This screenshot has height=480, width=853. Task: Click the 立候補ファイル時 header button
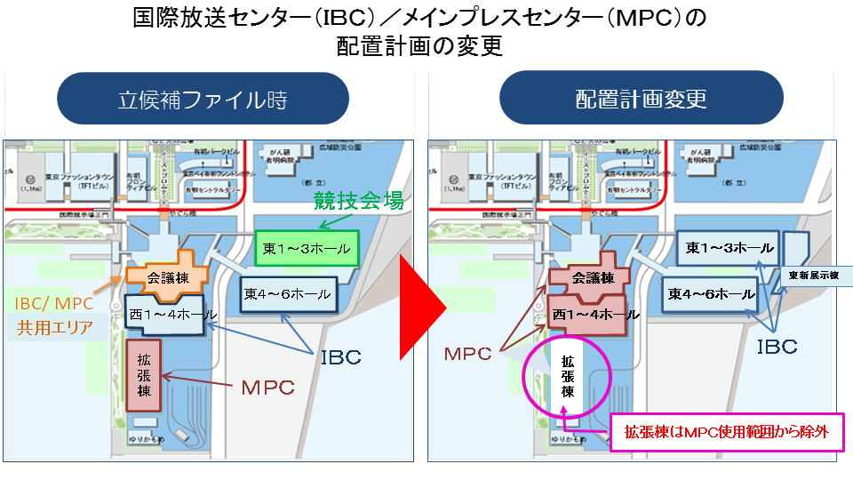pyautogui.click(x=203, y=98)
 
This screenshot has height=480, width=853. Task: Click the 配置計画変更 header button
pyautogui.click(x=641, y=98)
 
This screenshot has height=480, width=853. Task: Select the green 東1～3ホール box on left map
pyautogui.click(x=307, y=249)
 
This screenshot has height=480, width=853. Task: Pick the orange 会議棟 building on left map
pyautogui.click(x=168, y=276)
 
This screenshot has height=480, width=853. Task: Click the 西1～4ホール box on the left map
pyautogui.click(x=171, y=314)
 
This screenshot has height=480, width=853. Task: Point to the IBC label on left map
pyautogui.click(x=340, y=357)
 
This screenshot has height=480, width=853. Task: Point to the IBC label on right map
pyautogui.click(x=777, y=346)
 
